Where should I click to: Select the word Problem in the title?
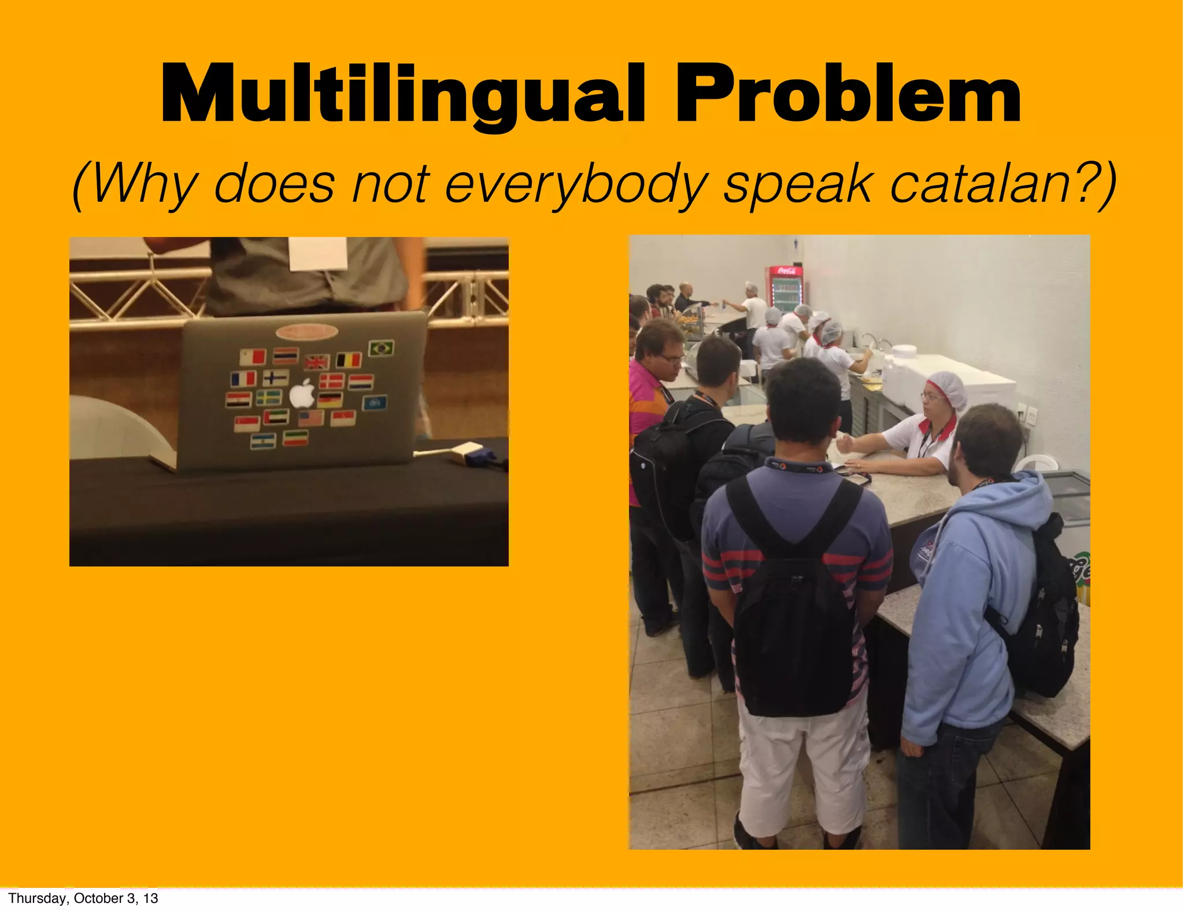click(x=848, y=94)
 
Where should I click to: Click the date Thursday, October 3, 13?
click(x=83, y=898)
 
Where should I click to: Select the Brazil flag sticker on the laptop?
click(x=381, y=348)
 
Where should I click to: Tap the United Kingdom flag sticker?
click(x=316, y=362)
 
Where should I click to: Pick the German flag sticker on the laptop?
click(x=330, y=399)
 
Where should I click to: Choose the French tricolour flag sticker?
click(x=243, y=379)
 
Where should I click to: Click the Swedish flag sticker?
click(x=269, y=398)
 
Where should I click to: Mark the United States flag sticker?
click(x=311, y=418)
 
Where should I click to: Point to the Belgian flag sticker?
click(x=349, y=360)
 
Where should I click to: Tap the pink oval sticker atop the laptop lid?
click(x=306, y=332)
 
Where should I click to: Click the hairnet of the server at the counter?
click(x=946, y=386)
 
